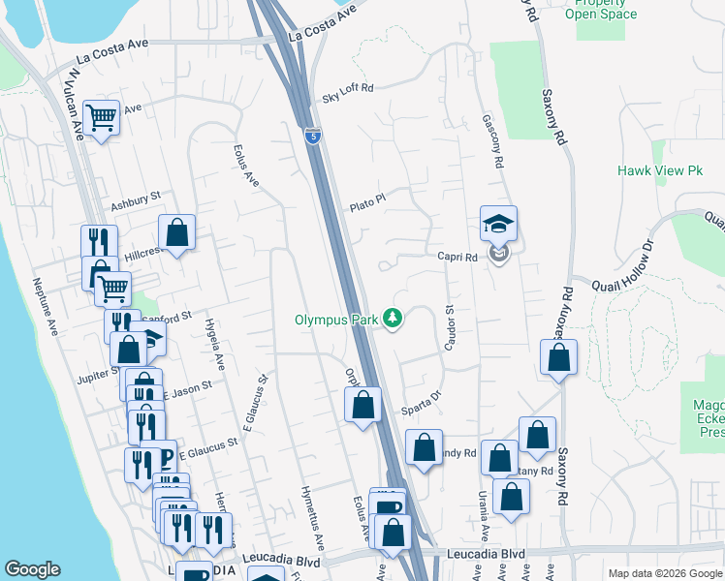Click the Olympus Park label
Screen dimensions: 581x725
pos(338,320)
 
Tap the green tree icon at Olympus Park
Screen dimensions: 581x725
pos(393,318)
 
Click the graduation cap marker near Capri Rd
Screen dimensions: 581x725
pos(498,224)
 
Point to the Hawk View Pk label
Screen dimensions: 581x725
pos(659,170)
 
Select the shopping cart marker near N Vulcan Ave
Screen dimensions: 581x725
pos(101,118)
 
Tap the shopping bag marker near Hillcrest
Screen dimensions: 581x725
pos(176,232)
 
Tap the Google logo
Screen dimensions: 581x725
pos(33,569)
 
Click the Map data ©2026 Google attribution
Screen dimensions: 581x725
pos(664,573)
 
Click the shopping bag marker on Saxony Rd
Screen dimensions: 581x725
pos(559,357)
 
